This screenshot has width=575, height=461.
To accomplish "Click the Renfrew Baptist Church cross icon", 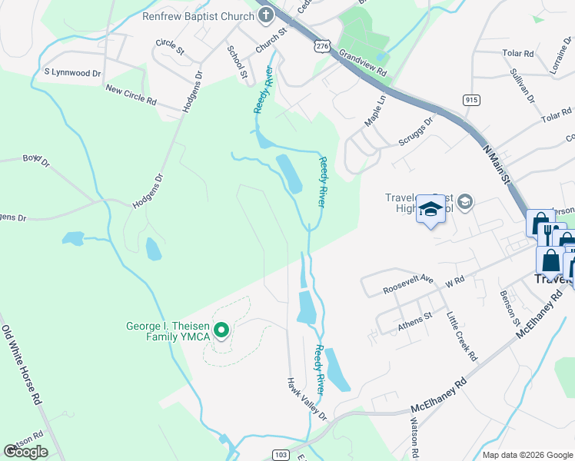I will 266,15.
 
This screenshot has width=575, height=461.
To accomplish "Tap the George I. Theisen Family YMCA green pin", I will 221,331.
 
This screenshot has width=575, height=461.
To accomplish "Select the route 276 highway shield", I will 321,47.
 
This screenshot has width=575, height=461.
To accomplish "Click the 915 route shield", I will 471,100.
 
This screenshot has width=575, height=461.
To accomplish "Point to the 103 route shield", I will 281,455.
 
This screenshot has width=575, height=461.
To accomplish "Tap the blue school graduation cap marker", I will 430,209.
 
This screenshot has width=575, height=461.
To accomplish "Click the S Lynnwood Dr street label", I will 72,73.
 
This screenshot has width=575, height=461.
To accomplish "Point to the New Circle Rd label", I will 131,95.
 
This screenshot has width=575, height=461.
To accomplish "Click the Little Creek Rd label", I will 462,336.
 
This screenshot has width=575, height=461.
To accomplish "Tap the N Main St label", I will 497,165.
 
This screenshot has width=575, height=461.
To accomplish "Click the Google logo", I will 25,452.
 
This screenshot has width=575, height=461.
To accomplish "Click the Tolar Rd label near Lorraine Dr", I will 518,54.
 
